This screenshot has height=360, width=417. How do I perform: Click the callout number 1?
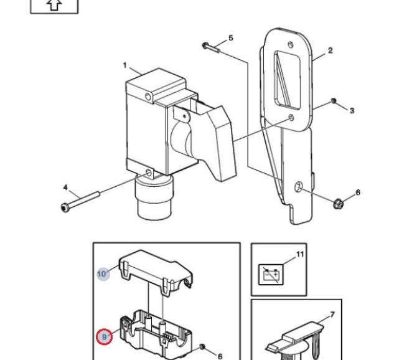pyautogui.click(x=125, y=65)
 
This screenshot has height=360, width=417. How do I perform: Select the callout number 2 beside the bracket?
pyautogui.click(x=330, y=50)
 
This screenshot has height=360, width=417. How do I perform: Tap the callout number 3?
pyautogui.click(x=352, y=110)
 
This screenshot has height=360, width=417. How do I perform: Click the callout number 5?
pyautogui.click(x=231, y=38)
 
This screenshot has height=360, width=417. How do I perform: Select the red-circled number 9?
pyautogui.click(x=105, y=337)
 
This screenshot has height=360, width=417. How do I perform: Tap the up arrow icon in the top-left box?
pyautogui.click(x=55, y=4)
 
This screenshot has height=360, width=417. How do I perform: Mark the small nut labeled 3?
pyautogui.click(x=334, y=101)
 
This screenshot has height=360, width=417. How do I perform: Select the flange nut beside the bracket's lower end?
pyautogui.click(x=341, y=202)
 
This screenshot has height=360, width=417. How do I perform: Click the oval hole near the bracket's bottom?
pyautogui.click(x=299, y=187)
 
